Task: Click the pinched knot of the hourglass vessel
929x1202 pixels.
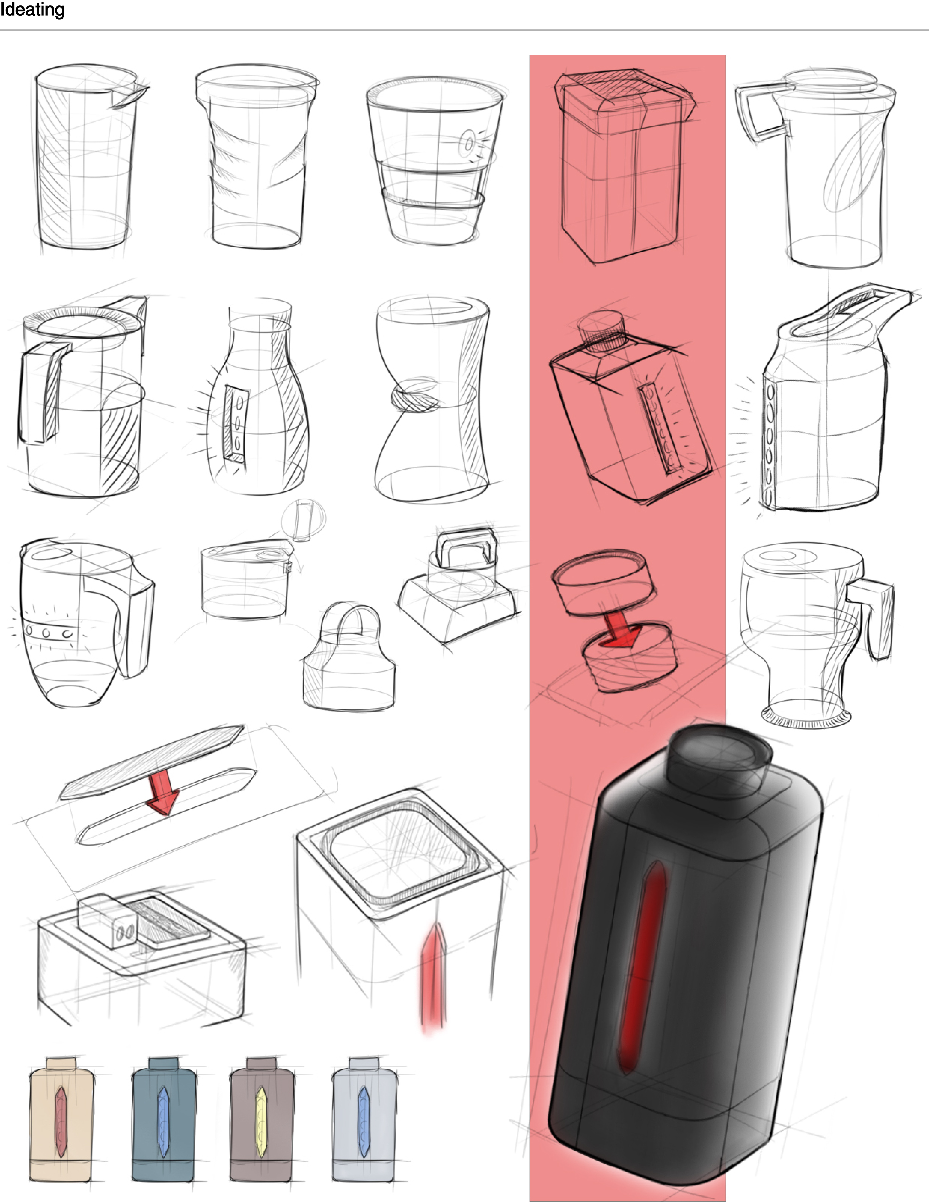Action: point(416,395)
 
